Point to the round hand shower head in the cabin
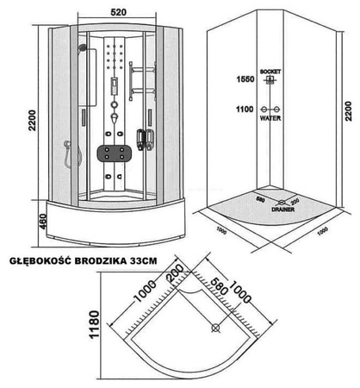pos(83,49)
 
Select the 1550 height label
pos(245,79)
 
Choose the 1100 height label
pos(245,110)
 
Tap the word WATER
pos(271,122)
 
